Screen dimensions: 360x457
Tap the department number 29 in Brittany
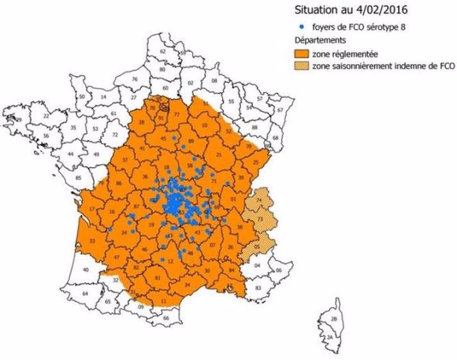(19, 120)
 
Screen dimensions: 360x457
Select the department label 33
(92, 241)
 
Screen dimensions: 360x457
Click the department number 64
(86, 293)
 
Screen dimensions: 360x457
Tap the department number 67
(280, 110)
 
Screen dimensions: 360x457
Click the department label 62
(162, 51)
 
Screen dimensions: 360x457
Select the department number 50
(82, 97)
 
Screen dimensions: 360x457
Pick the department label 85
(78, 177)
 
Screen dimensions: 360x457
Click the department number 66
(168, 318)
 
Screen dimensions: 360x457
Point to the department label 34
(187, 284)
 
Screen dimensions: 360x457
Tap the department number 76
(135, 79)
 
